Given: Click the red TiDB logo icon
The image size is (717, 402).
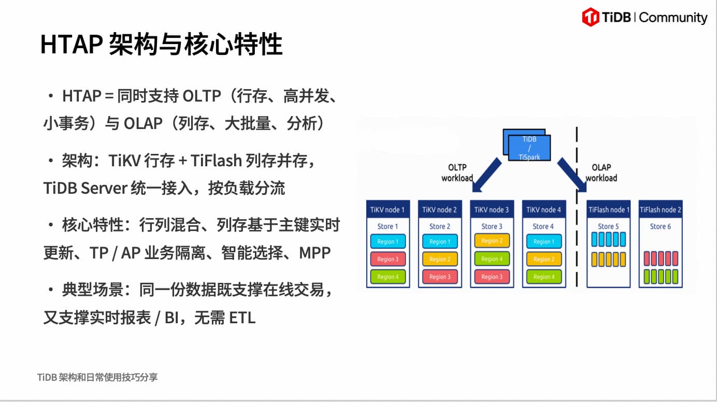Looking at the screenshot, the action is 591,17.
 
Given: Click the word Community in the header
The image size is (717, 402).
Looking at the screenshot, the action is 673,18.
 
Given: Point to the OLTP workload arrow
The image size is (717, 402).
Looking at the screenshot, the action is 486,175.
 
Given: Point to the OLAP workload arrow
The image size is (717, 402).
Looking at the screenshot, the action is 572,175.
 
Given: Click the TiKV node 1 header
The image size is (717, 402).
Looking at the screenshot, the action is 388,209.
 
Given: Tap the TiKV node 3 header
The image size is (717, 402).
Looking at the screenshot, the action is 492,209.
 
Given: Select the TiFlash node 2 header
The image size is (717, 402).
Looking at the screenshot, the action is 661,209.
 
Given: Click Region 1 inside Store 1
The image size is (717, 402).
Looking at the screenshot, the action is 388,241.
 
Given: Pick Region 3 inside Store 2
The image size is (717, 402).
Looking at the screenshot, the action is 440,277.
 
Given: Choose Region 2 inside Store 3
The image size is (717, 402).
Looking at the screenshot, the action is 492,241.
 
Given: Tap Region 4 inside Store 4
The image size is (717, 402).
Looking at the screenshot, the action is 544,277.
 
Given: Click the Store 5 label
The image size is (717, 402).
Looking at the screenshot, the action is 608,226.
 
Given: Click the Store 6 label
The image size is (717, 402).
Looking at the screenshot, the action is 661,226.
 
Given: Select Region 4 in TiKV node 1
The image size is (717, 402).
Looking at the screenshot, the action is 388,277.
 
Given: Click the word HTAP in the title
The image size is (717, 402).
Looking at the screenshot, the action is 71,44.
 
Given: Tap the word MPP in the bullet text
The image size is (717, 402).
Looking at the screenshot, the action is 314,253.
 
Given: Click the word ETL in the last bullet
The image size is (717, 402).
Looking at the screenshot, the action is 242,318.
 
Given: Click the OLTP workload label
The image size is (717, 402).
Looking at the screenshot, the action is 457,173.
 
